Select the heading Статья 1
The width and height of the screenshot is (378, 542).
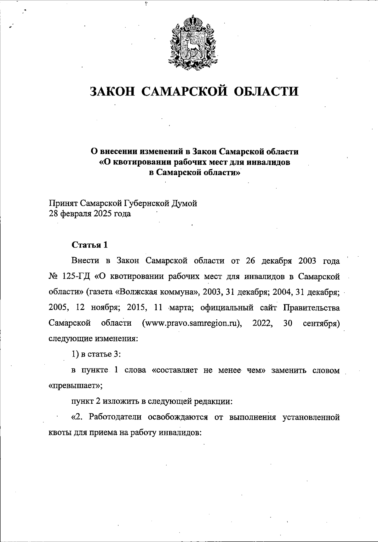coord(90,245)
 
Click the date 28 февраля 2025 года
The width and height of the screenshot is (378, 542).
coord(90,214)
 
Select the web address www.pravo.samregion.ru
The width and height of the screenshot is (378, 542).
coord(192,323)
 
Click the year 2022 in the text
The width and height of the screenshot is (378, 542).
coord(262,323)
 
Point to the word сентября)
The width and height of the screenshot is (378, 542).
coord(321,323)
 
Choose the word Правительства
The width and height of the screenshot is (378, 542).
coord(312,308)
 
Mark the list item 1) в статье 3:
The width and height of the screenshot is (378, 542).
coord(96,354)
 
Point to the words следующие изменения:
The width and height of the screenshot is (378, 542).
coord(94,339)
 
